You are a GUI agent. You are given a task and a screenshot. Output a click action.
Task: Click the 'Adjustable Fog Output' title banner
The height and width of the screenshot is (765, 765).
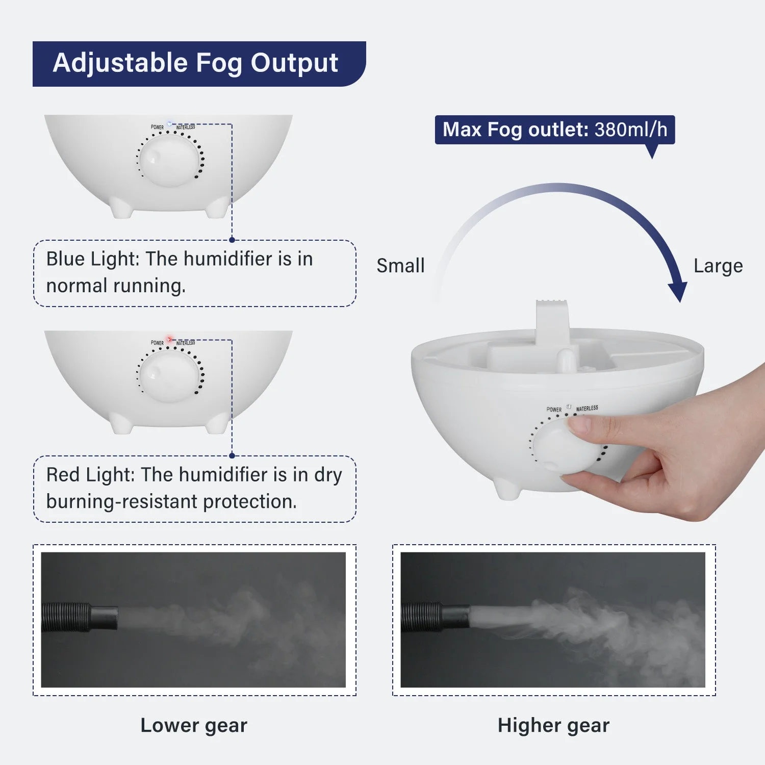(x=196, y=64)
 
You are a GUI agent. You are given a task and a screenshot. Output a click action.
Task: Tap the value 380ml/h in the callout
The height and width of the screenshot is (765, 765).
(x=631, y=130)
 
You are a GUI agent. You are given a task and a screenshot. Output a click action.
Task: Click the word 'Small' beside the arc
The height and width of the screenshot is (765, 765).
(x=400, y=266)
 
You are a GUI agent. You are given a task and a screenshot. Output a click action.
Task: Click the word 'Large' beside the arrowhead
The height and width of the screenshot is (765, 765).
(x=718, y=266)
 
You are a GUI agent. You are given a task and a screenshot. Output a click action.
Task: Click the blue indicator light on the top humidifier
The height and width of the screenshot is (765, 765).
(x=170, y=123)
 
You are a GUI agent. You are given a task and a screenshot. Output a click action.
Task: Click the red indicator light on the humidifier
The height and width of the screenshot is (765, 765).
(x=170, y=339)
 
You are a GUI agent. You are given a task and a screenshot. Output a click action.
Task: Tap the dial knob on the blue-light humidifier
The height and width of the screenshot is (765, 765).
(x=169, y=159)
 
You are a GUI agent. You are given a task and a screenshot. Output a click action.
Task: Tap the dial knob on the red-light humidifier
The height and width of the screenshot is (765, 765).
(x=169, y=375)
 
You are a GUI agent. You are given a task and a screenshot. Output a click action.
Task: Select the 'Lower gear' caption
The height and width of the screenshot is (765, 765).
(x=194, y=725)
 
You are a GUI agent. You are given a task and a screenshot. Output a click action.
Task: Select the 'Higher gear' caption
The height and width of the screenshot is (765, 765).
(x=553, y=725)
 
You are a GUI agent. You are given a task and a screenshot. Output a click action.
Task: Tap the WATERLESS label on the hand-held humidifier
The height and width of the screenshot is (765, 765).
(x=587, y=409)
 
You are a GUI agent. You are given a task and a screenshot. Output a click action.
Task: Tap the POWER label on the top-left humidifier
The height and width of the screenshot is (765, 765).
(x=157, y=127)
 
